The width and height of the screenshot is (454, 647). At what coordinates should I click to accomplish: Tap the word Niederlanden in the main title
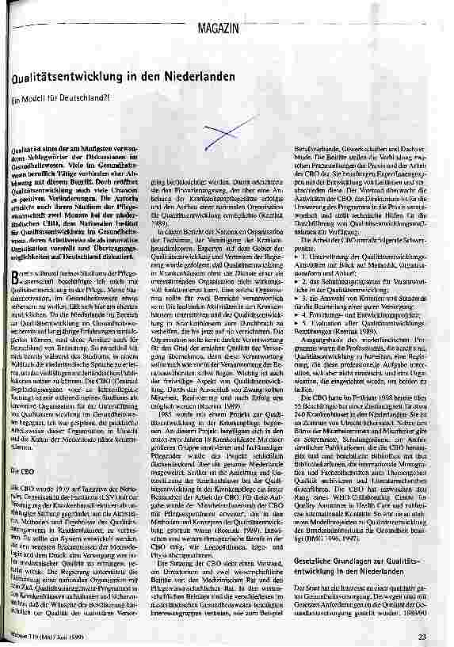tap(197, 78)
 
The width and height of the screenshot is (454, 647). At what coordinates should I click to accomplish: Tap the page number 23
tap(422, 636)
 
